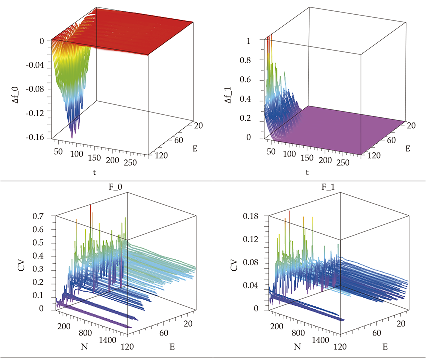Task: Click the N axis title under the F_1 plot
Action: point(297,346)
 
